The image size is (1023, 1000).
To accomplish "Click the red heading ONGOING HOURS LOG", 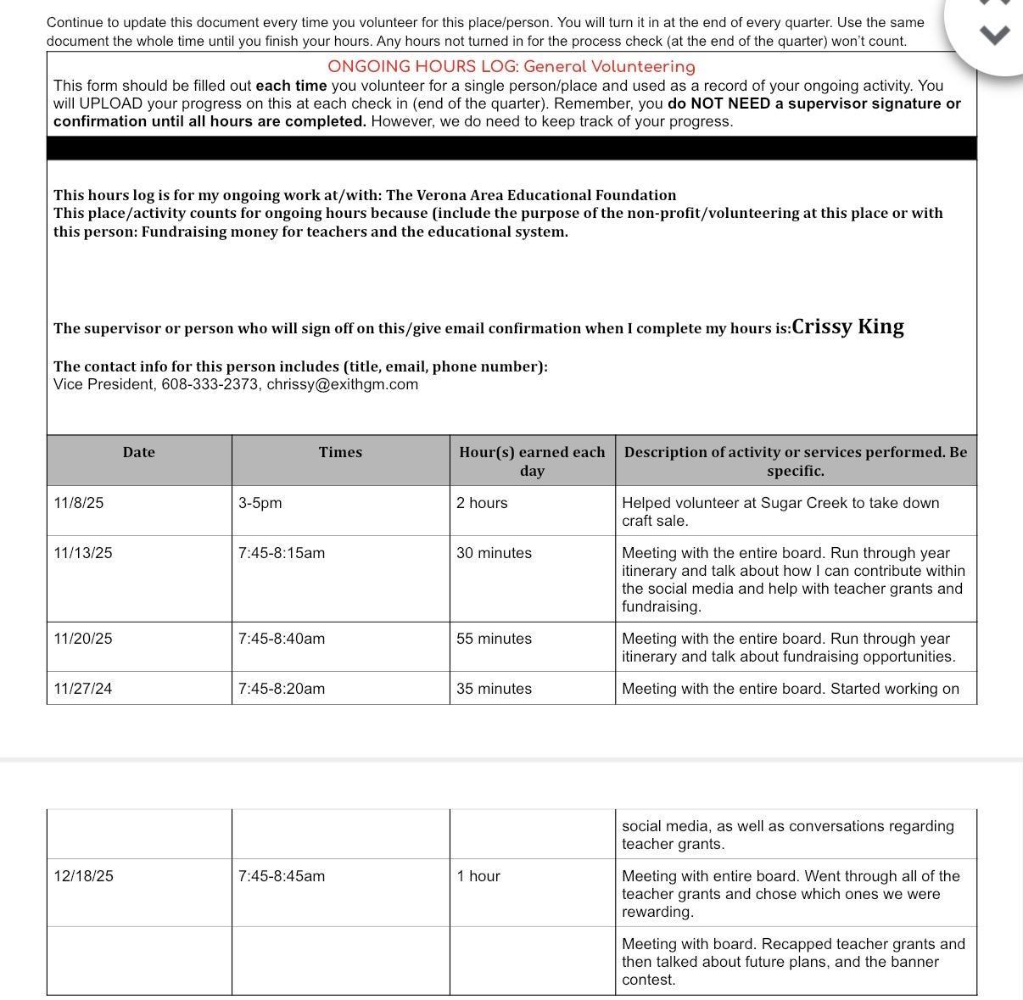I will [x=511, y=67].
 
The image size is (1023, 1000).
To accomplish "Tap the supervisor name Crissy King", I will [x=847, y=327].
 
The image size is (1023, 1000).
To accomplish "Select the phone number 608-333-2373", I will [x=210, y=384].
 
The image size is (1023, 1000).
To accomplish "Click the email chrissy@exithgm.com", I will [x=342, y=384].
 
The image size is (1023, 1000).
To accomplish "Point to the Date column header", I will [x=139, y=452].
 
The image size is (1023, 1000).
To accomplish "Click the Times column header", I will [x=340, y=452].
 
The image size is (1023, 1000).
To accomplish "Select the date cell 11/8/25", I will [x=78, y=503].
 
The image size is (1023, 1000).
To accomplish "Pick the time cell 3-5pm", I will [x=260, y=503].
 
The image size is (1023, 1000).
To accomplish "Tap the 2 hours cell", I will [x=482, y=503].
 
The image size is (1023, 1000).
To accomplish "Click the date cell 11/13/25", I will [x=82, y=553].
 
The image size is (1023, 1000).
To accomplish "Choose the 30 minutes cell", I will [x=494, y=553].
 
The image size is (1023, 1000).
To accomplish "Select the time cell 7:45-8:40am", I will [x=281, y=639].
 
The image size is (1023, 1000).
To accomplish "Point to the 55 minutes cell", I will [x=494, y=639].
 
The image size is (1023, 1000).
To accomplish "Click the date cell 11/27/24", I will [x=82, y=689].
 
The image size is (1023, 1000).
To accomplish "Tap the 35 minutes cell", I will [x=494, y=689].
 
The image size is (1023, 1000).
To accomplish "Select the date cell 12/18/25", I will [x=82, y=876].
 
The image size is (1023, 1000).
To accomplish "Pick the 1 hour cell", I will [x=478, y=876].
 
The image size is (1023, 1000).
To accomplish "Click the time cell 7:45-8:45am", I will [x=281, y=876].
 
